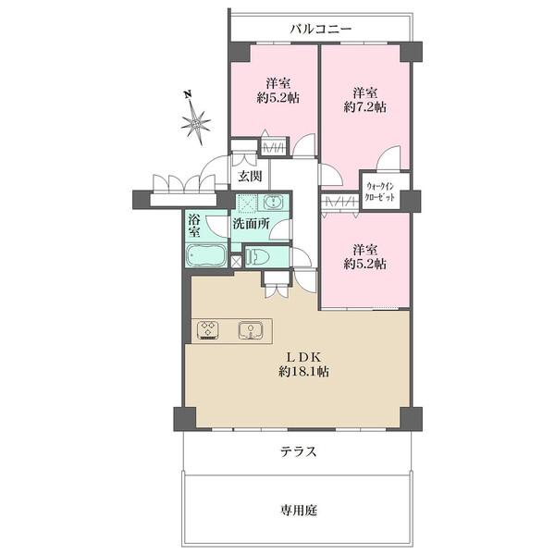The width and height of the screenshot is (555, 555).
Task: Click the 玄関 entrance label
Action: (250, 176)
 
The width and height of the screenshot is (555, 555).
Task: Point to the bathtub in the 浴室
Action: (205, 256)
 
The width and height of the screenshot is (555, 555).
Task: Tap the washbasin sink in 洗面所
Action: (275, 203)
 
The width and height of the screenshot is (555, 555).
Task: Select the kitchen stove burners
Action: (208, 330)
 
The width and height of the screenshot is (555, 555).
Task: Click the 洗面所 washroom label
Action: (250, 224)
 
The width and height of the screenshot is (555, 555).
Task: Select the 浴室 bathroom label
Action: (195, 226)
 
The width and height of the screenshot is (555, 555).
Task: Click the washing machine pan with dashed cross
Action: (246, 203)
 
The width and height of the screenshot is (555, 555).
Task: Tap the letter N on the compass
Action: (187, 94)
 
